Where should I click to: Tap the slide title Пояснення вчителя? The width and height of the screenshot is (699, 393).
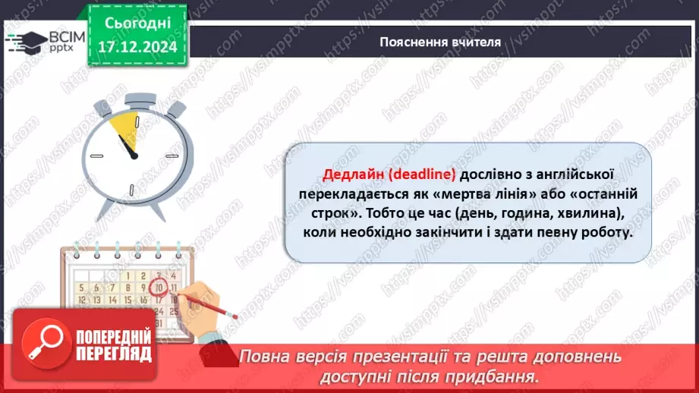[440, 42]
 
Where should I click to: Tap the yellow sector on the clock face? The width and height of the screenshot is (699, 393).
[123, 130]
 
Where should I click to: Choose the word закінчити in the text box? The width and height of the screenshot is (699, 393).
[420, 233]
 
